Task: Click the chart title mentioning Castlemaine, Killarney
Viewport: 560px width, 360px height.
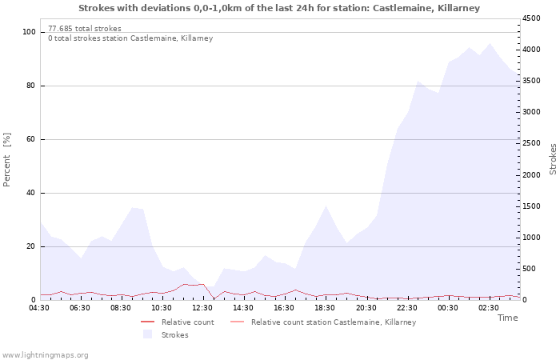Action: click(x=279, y=7)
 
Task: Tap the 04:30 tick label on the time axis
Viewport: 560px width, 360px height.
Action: click(x=39, y=307)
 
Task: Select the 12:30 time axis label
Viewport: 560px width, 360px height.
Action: click(x=202, y=307)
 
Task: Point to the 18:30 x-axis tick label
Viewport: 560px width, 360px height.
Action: click(x=325, y=307)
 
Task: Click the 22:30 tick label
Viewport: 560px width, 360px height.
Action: click(x=406, y=307)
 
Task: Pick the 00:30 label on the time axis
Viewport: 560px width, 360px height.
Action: click(x=447, y=307)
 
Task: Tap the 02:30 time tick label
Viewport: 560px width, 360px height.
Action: click(x=488, y=307)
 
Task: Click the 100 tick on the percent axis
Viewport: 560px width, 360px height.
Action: click(x=30, y=32)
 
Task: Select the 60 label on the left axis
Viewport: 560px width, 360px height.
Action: click(x=31, y=139)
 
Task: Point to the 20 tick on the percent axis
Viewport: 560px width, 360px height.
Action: click(x=31, y=246)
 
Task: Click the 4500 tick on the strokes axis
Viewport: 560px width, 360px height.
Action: click(x=534, y=18)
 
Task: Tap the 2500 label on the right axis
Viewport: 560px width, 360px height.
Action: click(x=534, y=144)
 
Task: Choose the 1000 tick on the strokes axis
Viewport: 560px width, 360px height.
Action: click(x=534, y=238)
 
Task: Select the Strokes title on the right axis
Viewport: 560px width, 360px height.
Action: click(x=553, y=158)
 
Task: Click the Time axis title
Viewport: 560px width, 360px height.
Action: click(x=507, y=318)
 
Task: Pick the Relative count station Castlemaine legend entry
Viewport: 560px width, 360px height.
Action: click(x=333, y=322)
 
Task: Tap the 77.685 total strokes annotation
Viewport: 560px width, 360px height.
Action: click(x=85, y=29)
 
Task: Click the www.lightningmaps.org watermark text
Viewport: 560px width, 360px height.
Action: click(x=45, y=355)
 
